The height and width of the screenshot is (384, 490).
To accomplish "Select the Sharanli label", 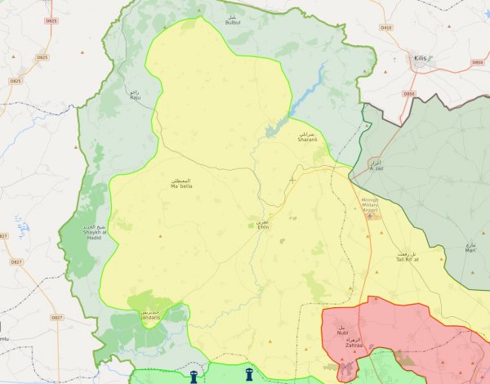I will pos(306,138).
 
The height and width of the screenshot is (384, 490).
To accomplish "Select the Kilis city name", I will pos(421,58).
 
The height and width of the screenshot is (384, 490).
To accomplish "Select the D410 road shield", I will pos(386,29).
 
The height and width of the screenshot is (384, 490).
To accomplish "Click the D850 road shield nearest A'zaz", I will pos(409,95).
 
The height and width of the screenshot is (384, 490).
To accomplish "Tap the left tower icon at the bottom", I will pos(194,377).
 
